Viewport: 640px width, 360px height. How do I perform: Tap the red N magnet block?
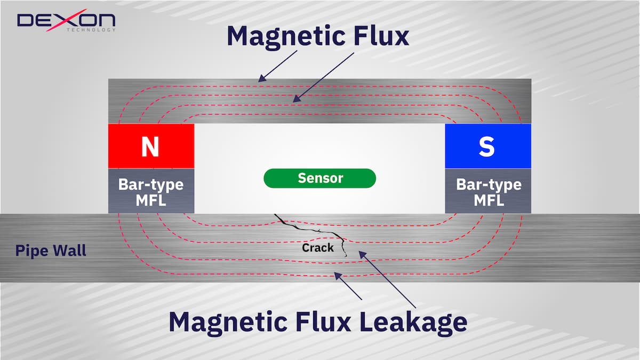tap(151, 146)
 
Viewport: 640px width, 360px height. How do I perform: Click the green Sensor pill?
tap(320, 178)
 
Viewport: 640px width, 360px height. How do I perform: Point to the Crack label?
tap(318, 247)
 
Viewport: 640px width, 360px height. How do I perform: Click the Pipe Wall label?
tap(51, 251)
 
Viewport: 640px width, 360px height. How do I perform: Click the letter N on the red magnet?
tap(150, 147)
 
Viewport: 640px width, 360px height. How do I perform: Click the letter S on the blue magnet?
tap(486, 147)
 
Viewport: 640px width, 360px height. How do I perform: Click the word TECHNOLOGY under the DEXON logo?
tap(91, 30)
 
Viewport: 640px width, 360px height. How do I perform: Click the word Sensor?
tap(320, 178)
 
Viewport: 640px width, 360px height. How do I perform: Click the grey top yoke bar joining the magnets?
tap(320, 101)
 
